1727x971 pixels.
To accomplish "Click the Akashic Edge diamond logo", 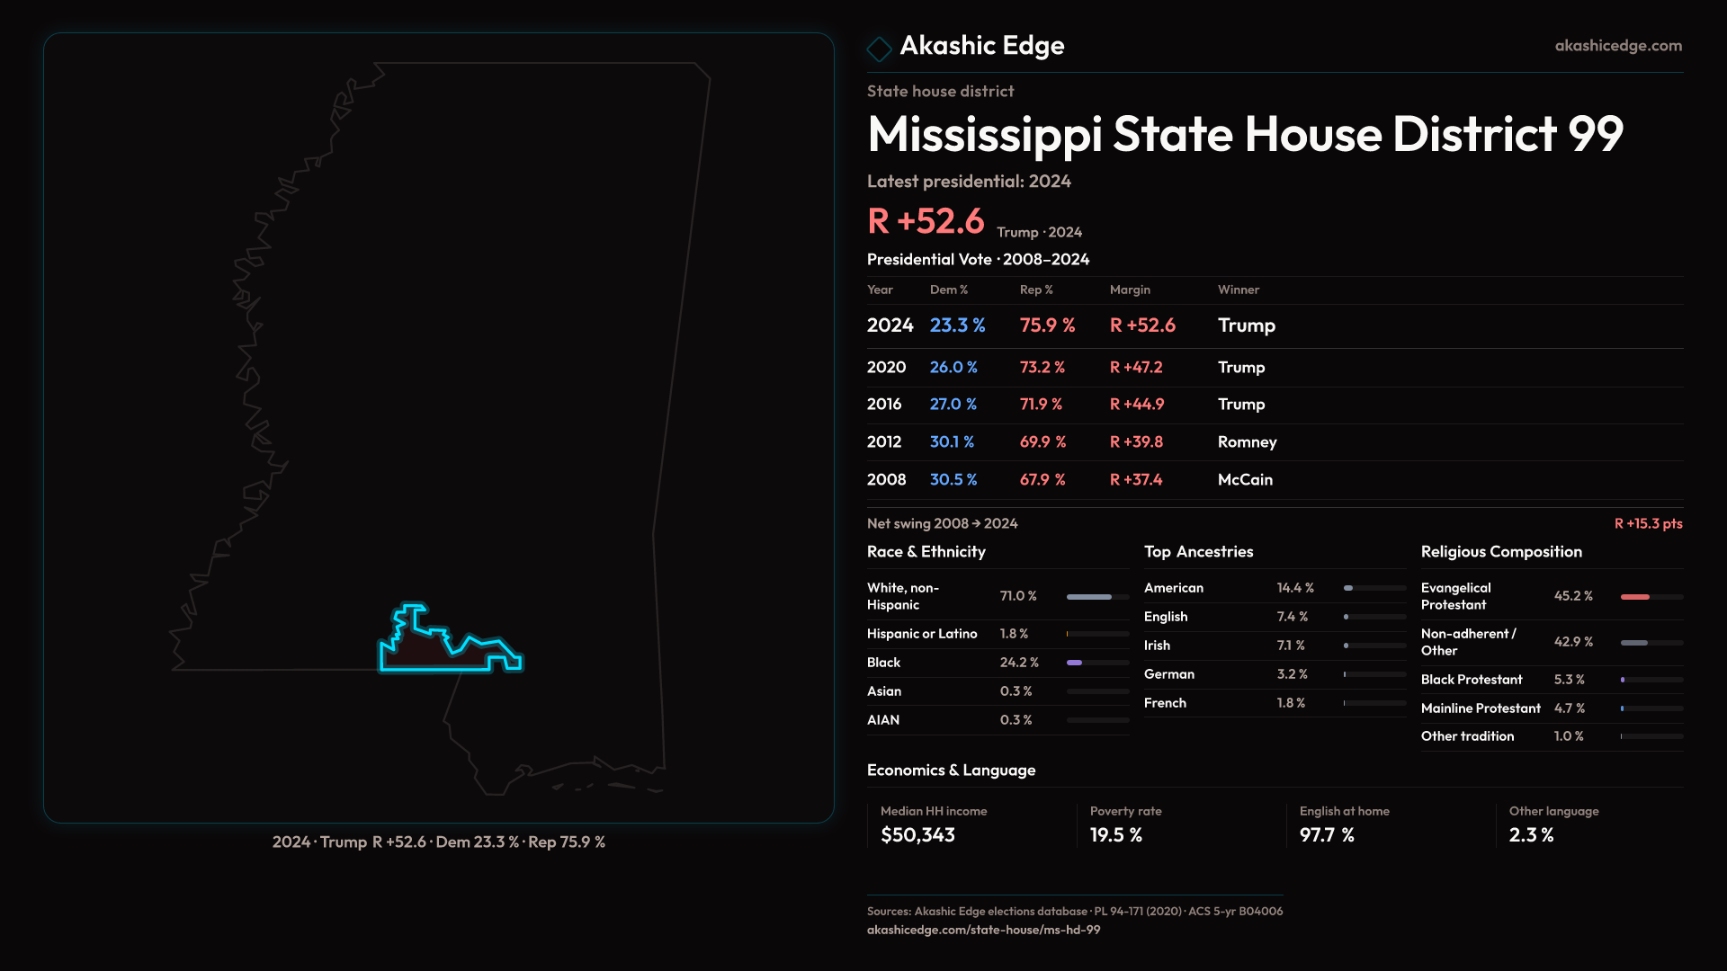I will [x=879, y=49].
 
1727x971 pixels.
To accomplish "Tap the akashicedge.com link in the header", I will [x=1618, y=46].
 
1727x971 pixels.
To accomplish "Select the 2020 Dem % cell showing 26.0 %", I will [x=953, y=368].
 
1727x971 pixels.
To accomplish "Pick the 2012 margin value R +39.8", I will [x=1136, y=442].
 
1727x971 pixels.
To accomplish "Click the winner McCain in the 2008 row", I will [x=1245, y=480].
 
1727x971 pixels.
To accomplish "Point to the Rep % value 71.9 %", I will [x=1041, y=405].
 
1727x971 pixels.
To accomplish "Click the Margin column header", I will [x=1130, y=290].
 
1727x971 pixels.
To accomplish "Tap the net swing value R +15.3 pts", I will [x=1648, y=524].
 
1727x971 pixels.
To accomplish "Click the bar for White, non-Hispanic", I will [x=1089, y=597].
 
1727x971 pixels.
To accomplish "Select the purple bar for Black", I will [x=1075, y=663].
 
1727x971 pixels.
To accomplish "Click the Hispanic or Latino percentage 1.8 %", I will [x=1014, y=634].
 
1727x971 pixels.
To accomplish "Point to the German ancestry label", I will [x=1169, y=674].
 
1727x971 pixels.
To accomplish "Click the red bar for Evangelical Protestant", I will [x=1635, y=597].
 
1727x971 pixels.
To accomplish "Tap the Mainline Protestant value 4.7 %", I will [x=1570, y=708].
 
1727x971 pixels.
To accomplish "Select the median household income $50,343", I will [x=917, y=835].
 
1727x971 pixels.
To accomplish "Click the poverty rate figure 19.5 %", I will [x=1116, y=835].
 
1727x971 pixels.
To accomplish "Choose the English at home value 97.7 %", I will [x=1327, y=835].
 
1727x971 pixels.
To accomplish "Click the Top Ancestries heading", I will [x=1198, y=552].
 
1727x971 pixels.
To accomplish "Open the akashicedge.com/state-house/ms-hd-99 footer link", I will [x=983, y=930].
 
